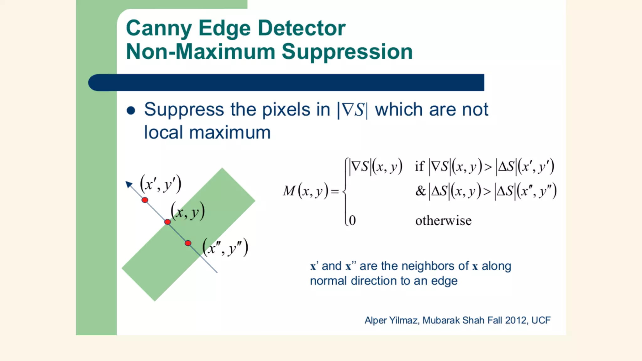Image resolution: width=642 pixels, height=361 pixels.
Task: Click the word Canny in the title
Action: (x=159, y=29)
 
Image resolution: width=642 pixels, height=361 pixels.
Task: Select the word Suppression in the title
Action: (x=347, y=52)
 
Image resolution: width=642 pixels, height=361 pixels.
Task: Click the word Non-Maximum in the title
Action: (x=200, y=52)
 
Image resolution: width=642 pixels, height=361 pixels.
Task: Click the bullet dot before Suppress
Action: (x=131, y=111)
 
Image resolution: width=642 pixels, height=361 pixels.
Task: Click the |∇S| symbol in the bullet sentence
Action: (x=352, y=110)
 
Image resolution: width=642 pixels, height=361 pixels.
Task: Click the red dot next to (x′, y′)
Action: (x=145, y=200)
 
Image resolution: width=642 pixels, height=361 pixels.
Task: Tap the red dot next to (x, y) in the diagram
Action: (x=168, y=222)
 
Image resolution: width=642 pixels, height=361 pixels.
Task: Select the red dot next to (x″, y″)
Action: (x=188, y=243)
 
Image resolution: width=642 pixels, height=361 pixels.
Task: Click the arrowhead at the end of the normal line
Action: (x=129, y=184)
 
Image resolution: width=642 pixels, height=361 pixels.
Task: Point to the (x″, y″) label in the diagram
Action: (x=225, y=248)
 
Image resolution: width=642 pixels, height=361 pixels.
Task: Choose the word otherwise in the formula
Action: (x=443, y=221)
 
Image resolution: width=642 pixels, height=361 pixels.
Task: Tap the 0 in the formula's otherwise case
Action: (x=352, y=220)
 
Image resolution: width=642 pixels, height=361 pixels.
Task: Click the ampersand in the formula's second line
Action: (x=420, y=191)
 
